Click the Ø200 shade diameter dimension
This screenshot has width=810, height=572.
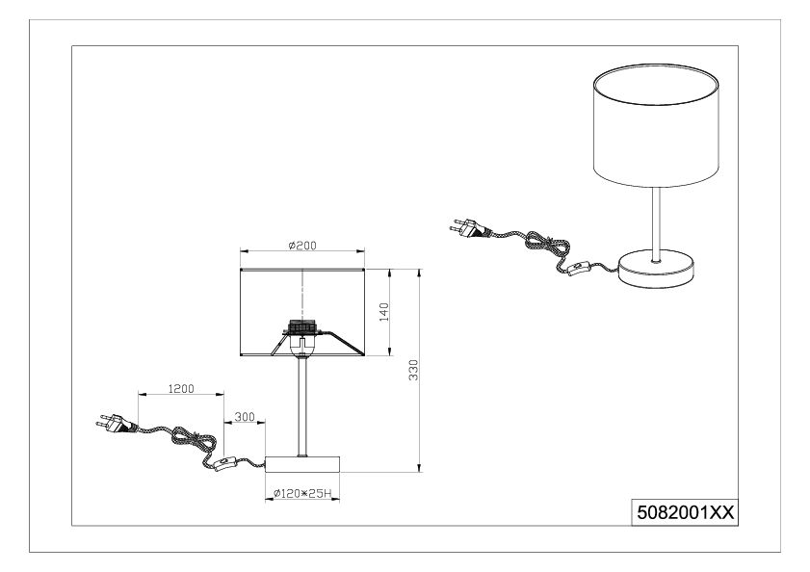(x=302, y=246)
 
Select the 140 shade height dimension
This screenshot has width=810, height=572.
(x=384, y=312)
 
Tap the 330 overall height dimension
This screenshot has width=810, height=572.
(x=413, y=370)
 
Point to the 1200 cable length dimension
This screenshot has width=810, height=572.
(x=181, y=389)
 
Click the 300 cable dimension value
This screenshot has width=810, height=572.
(x=245, y=416)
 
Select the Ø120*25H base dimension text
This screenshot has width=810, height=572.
(x=302, y=493)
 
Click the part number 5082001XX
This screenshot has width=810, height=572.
(x=685, y=512)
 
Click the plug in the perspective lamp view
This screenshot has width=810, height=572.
(x=470, y=228)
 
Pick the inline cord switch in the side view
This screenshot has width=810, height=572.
(x=225, y=463)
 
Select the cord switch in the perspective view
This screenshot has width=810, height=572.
(x=579, y=269)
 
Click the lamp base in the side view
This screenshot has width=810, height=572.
(x=302, y=464)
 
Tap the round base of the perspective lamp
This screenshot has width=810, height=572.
(x=656, y=269)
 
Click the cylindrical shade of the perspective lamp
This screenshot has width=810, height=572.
(x=656, y=126)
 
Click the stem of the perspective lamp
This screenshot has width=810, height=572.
(x=656, y=224)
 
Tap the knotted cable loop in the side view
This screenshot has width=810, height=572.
(x=194, y=441)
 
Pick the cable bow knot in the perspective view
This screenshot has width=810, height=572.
(x=548, y=247)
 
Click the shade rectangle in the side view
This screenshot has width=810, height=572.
(x=302, y=312)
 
